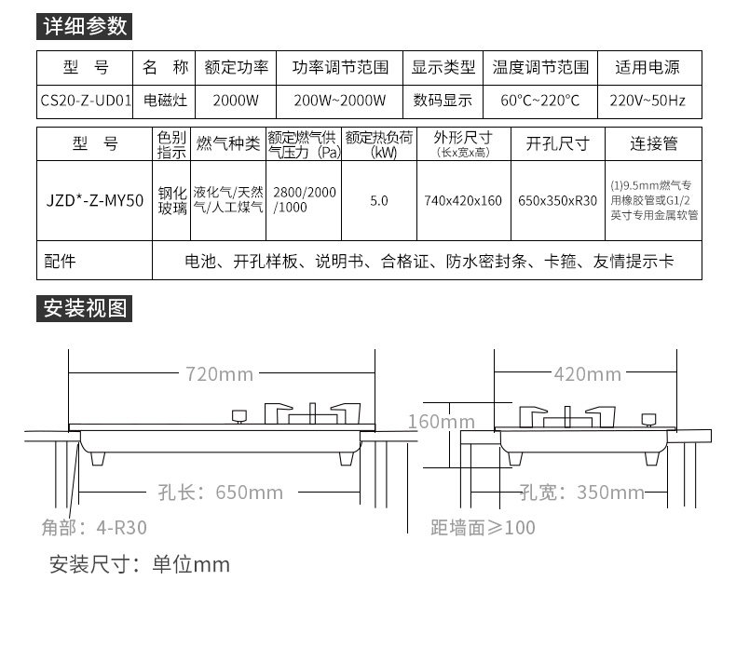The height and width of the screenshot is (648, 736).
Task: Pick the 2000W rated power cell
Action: [x=236, y=100]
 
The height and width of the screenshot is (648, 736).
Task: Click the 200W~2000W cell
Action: [x=340, y=100]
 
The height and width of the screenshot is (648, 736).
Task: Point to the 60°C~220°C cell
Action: [x=540, y=100]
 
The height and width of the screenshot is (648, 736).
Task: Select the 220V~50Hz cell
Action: [x=647, y=100]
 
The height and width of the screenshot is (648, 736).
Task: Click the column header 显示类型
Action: [x=443, y=68]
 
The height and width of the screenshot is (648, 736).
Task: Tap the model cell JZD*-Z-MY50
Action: [x=95, y=200]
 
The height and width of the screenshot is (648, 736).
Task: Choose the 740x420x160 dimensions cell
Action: [x=463, y=200]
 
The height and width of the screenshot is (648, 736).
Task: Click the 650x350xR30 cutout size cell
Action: [x=557, y=200]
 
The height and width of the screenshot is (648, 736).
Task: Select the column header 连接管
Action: [x=653, y=144]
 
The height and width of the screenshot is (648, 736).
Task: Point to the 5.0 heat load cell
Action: [x=379, y=200]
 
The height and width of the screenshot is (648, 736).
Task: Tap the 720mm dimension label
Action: [x=219, y=374]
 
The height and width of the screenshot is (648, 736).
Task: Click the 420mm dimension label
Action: [x=587, y=374]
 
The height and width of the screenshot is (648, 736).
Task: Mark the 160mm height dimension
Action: [x=442, y=422]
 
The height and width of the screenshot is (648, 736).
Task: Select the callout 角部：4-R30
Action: [x=93, y=528]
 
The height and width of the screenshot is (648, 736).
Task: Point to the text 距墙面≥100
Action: [x=483, y=528]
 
